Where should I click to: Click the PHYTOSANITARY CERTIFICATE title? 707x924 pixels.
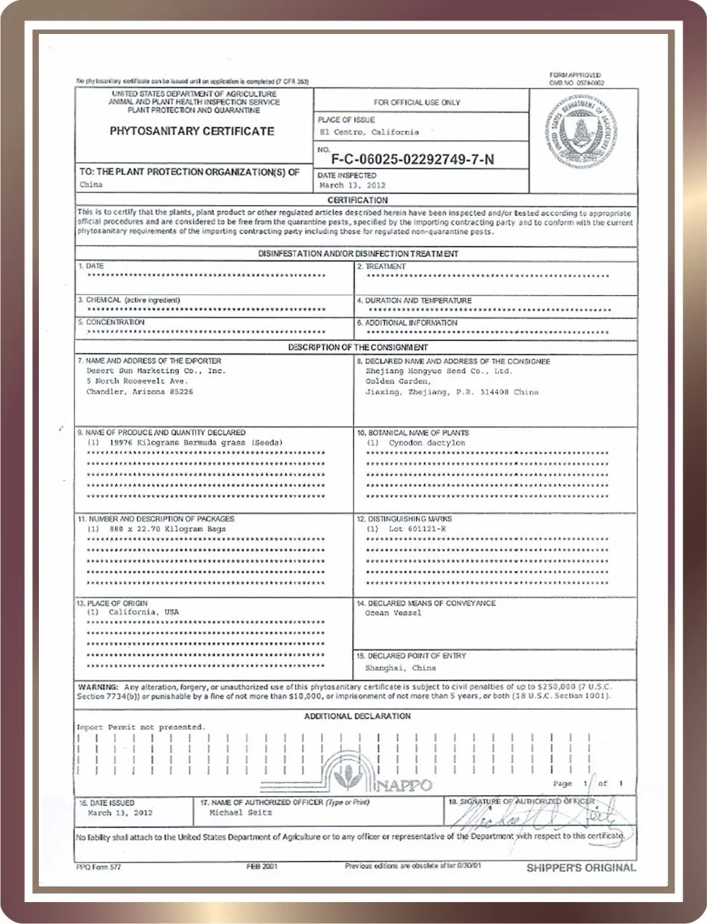click(192, 131)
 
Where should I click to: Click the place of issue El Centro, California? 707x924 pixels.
click(368, 132)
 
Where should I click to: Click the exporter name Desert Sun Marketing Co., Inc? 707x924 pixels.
click(156, 371)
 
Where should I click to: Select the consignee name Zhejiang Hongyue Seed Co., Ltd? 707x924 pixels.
click(438, 371)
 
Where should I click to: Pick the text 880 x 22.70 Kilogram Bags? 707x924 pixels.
click(168, 529)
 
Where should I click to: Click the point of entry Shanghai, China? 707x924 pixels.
click(400, 668)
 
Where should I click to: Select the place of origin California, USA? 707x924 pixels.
click(144, 612)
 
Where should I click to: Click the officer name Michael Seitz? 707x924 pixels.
click(240, 813)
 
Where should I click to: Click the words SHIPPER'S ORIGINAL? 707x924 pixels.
click(581, 867)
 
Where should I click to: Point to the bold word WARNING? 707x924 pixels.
click(98, 687)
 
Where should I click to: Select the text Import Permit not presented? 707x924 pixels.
click(141, 727)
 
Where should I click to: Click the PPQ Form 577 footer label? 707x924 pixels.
click(98, 867)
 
